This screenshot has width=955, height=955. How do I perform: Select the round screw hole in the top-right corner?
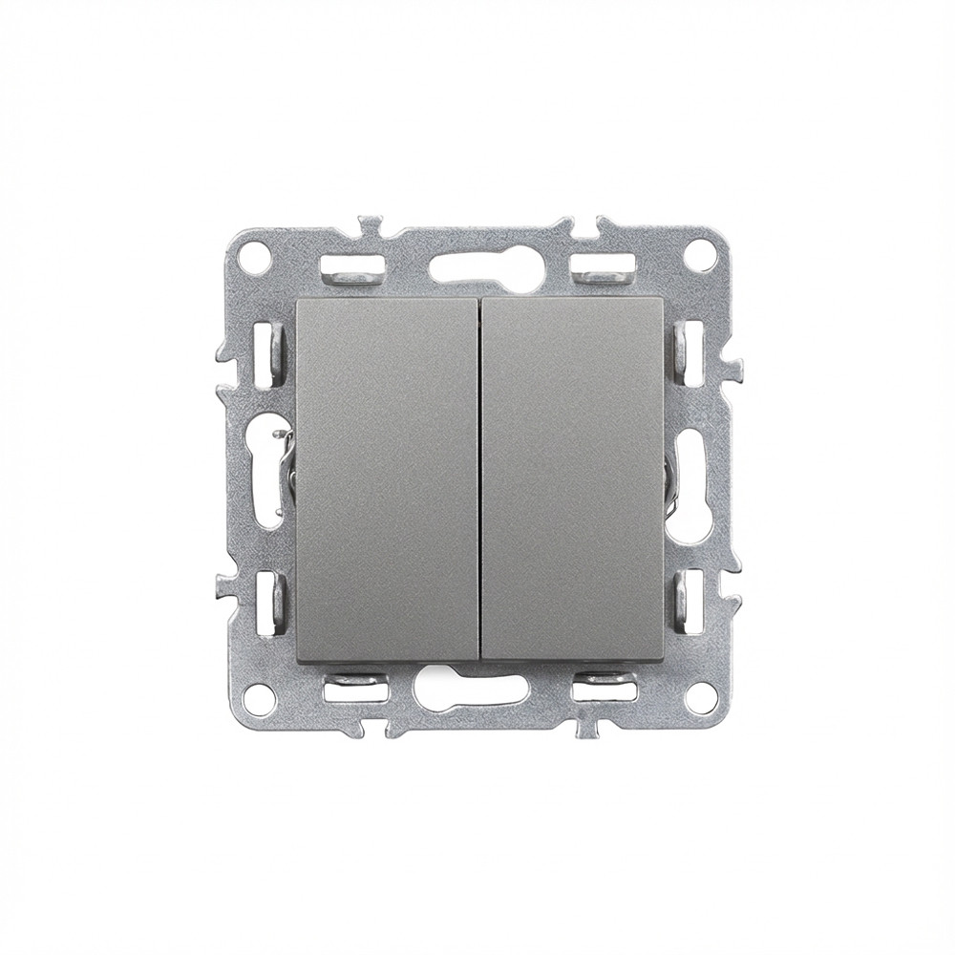click(700, 253)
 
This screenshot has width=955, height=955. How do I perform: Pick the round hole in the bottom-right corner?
click(700, 697)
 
